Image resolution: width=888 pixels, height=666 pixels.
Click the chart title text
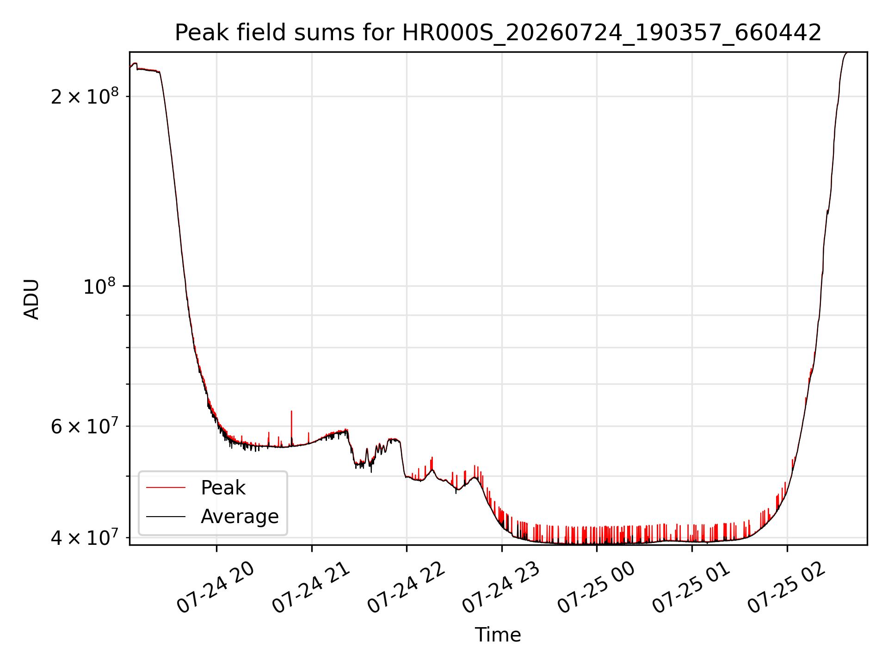498,33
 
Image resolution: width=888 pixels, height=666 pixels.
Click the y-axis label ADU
31,299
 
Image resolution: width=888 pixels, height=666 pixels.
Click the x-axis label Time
498,635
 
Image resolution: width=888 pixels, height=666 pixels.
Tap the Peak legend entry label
223,488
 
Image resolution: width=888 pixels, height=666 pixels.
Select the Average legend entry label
240,517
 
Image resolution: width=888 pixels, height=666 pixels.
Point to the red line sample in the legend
166,487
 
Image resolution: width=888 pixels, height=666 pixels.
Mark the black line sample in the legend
166,516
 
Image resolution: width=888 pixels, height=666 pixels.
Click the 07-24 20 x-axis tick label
216,588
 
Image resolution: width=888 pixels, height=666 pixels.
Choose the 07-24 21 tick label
311,588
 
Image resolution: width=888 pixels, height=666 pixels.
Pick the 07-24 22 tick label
406,588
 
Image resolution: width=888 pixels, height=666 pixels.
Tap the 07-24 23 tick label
501,588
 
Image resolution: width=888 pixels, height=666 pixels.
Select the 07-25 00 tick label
596,588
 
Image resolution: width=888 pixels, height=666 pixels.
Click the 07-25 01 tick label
691,588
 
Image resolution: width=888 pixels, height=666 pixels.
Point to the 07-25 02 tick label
786,588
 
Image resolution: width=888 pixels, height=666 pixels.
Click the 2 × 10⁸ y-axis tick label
85,96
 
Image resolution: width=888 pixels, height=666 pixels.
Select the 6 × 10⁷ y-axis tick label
85,425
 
